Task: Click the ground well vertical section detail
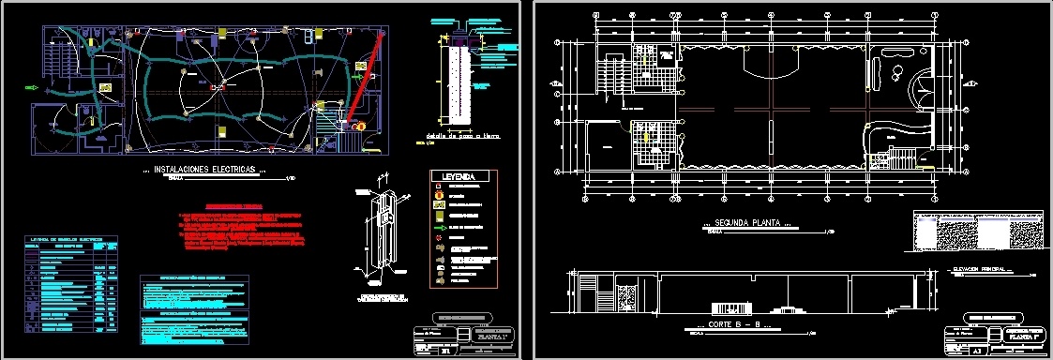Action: [458, 84]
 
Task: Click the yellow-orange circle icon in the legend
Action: [439, 196]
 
